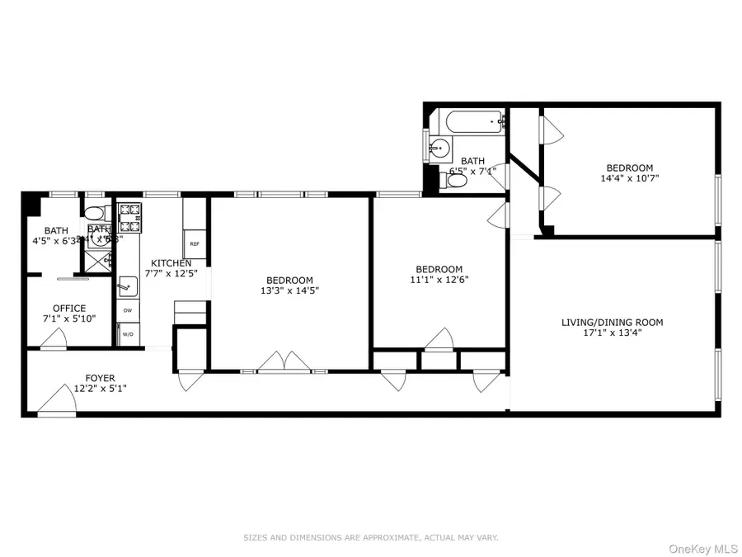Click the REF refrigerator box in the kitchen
tap(195, 243)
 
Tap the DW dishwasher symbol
tap(128, 310)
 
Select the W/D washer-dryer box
tap(128, 334)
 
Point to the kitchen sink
tap(128, 286)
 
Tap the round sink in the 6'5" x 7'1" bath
tap(440, 150)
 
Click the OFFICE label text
tap(69, 309)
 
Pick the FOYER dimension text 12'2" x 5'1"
tap(100, 389)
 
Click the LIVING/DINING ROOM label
tap(613, 323)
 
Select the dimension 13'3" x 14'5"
tap(289, 290)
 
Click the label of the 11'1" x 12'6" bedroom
tap(439, 269)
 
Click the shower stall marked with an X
tap(96, 259)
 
